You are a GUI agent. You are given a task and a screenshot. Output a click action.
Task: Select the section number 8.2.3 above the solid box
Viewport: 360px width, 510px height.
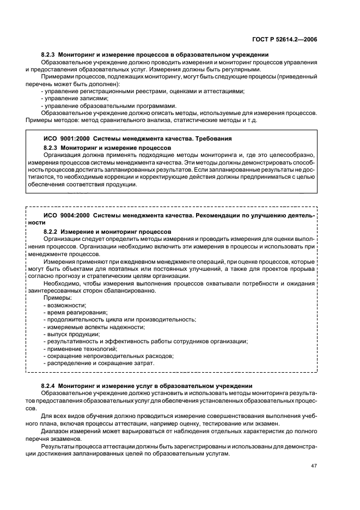[x=50, y=55]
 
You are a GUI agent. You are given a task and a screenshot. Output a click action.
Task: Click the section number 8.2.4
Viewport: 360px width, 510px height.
[x=50, y=386]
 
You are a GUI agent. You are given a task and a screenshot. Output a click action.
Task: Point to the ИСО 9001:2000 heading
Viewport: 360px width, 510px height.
[x=62, y=139]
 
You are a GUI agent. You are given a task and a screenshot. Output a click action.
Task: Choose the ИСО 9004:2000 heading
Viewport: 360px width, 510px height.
[x=62, y=216]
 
